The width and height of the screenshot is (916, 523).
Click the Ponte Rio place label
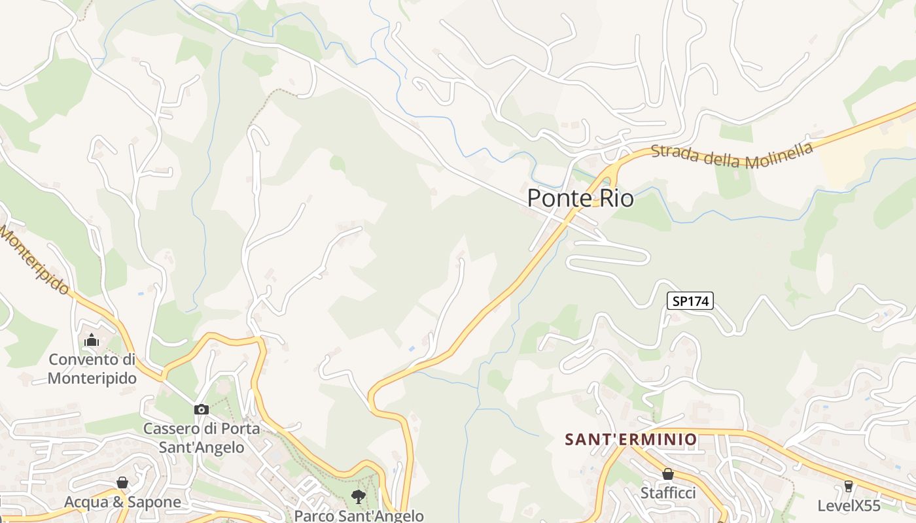coord(580,197)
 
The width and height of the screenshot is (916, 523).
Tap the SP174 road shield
coord(690,301)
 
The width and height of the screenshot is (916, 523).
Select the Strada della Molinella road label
coord(732,156)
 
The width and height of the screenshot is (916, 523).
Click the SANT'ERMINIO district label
coord(631,439)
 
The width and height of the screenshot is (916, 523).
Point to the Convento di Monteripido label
coord(92,369)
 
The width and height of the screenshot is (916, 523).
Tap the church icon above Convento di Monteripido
coord(92,340)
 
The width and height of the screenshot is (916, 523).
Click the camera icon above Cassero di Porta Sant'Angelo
coord(201,410)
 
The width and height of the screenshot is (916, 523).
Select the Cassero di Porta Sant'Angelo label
coord(202,438)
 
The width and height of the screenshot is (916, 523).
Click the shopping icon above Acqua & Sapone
coord(122,483)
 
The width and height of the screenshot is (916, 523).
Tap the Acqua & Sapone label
coord(122,502)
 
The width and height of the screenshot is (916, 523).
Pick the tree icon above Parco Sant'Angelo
coord(358,497)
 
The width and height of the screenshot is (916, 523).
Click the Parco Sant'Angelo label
coord(359,516)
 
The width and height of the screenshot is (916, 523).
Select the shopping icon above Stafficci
coord(668,474)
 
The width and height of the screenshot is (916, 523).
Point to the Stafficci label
coord(668,493)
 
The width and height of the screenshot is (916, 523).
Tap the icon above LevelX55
coord(849,486)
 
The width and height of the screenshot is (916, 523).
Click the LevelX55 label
coord(849,505)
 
